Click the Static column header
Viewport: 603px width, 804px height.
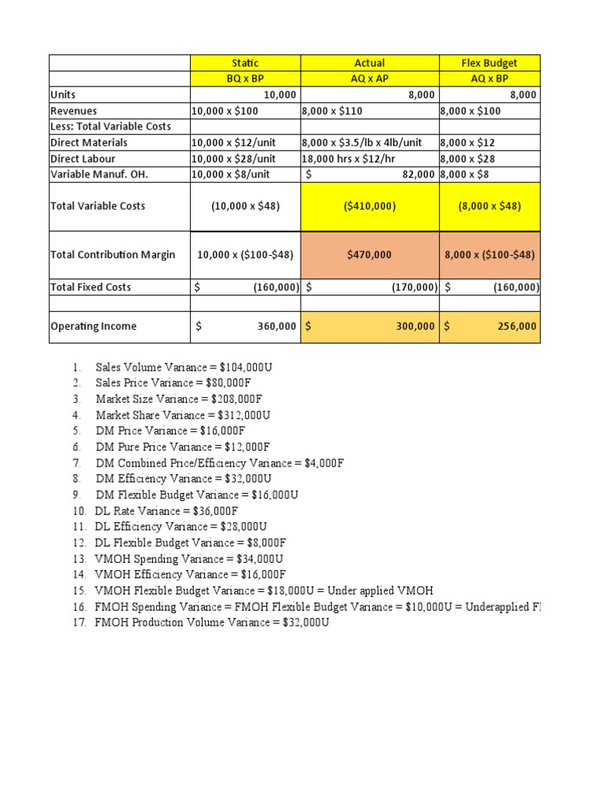245,63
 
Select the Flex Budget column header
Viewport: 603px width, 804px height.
489,63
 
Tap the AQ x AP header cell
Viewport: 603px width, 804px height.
369,79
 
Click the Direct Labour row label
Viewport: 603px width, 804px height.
82,159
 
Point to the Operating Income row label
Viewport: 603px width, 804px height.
93,327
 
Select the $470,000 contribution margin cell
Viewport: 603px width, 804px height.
369,254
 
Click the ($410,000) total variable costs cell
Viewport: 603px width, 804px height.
369,206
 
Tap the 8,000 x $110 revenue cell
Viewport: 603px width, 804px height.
333,111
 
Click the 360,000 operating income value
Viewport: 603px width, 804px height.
276,327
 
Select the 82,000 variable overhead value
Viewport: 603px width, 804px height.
418,174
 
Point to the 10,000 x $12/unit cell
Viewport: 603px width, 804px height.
233,143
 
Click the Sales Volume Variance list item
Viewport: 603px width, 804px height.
184,367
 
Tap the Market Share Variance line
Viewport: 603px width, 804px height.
183,415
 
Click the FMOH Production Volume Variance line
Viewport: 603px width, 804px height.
211,623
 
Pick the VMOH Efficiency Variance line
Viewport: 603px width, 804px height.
190,575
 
